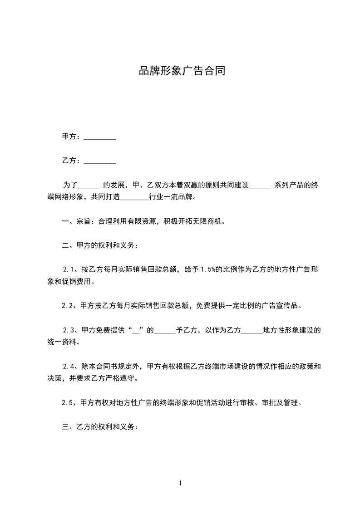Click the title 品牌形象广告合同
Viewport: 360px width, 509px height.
tap(182, 71)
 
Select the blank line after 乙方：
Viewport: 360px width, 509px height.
tap(100, 162)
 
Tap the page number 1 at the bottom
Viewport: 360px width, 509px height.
tap(180, 483)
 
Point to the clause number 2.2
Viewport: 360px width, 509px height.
tap(68, 306)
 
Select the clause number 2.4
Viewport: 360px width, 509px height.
tap(69, 366)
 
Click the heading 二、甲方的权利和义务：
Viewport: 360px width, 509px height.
tap(100, 246)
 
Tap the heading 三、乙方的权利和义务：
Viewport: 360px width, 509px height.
tap(100, 427)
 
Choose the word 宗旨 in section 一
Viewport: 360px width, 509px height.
tap(83, 222)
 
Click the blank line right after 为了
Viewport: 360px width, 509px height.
tap(89, 186)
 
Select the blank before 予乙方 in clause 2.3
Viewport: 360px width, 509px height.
tap(164, 331)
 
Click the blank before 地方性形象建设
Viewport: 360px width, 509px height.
tap(252, 331)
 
